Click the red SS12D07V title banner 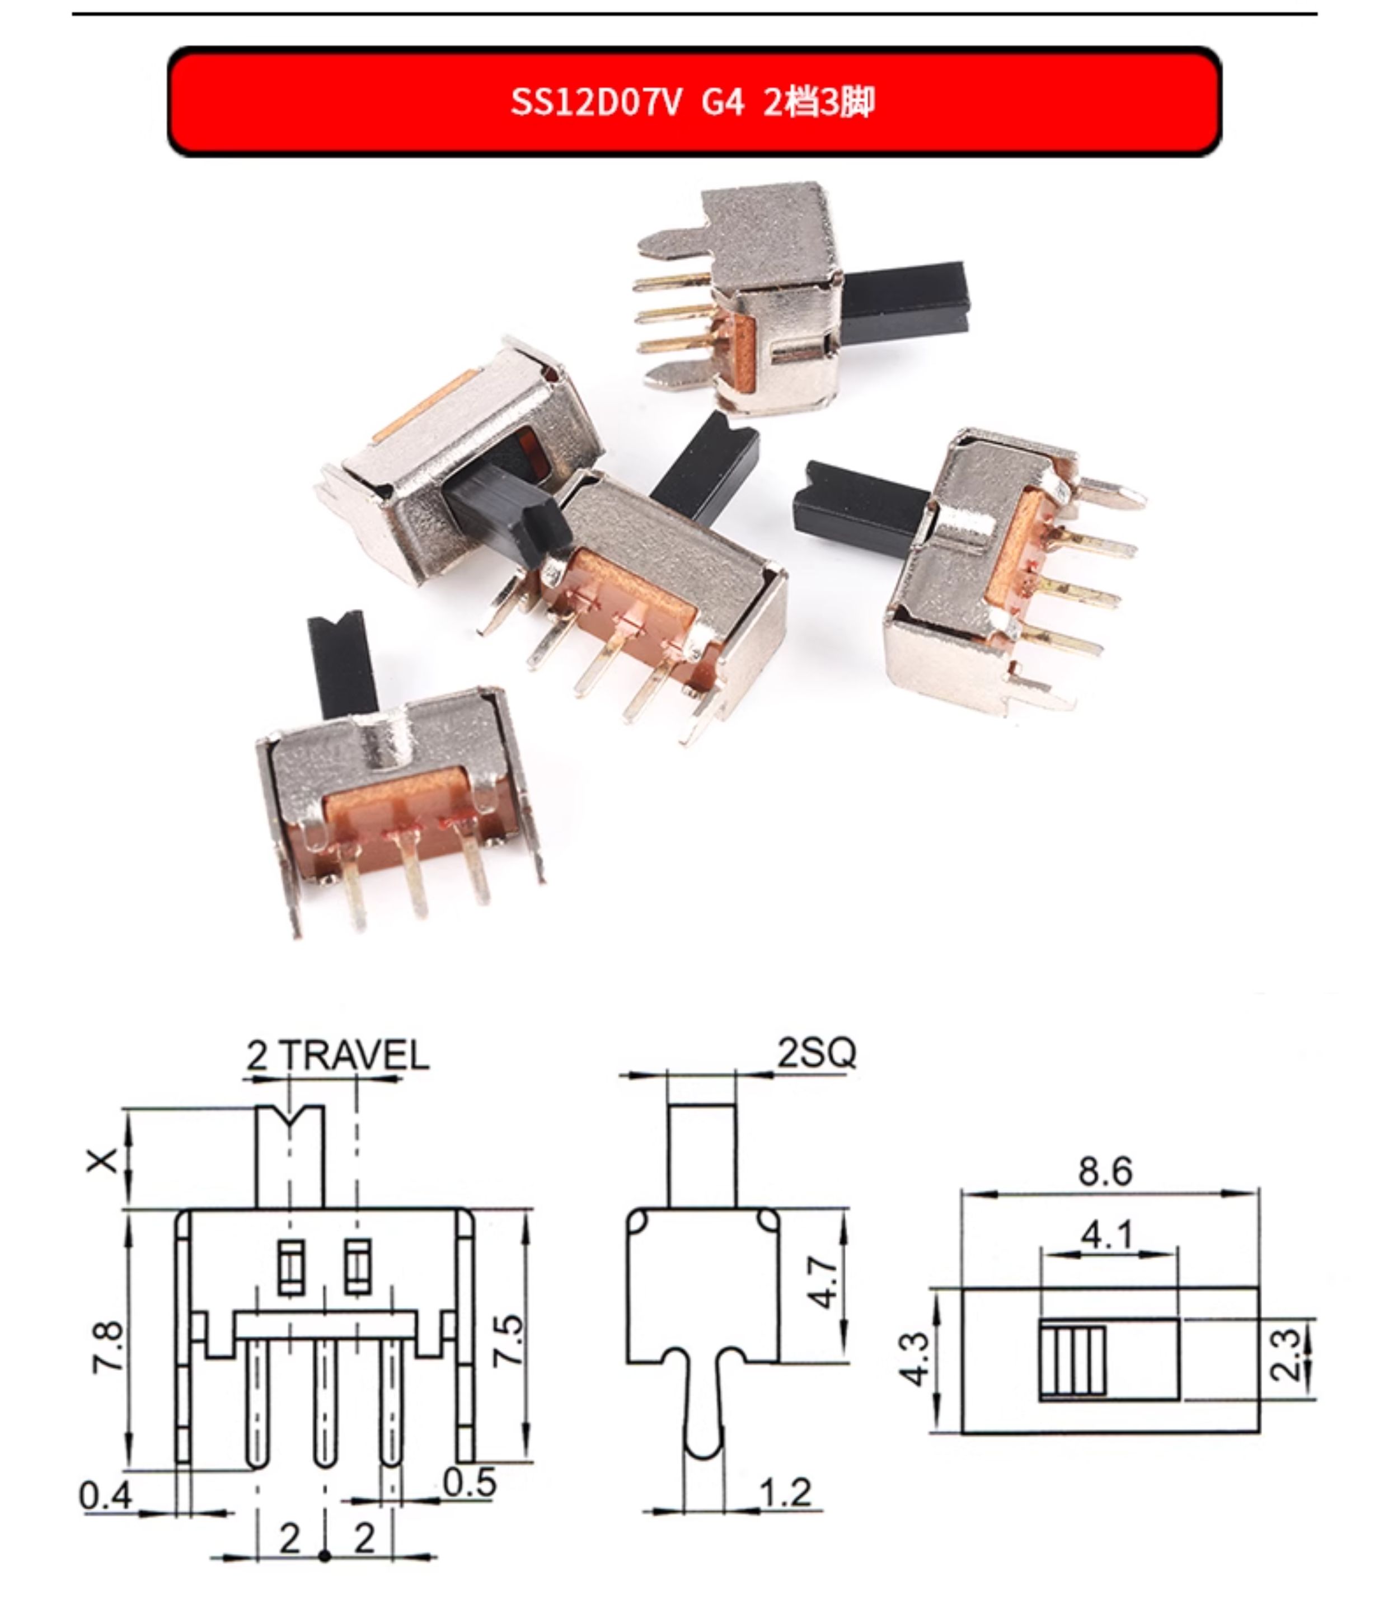click(694, 102)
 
